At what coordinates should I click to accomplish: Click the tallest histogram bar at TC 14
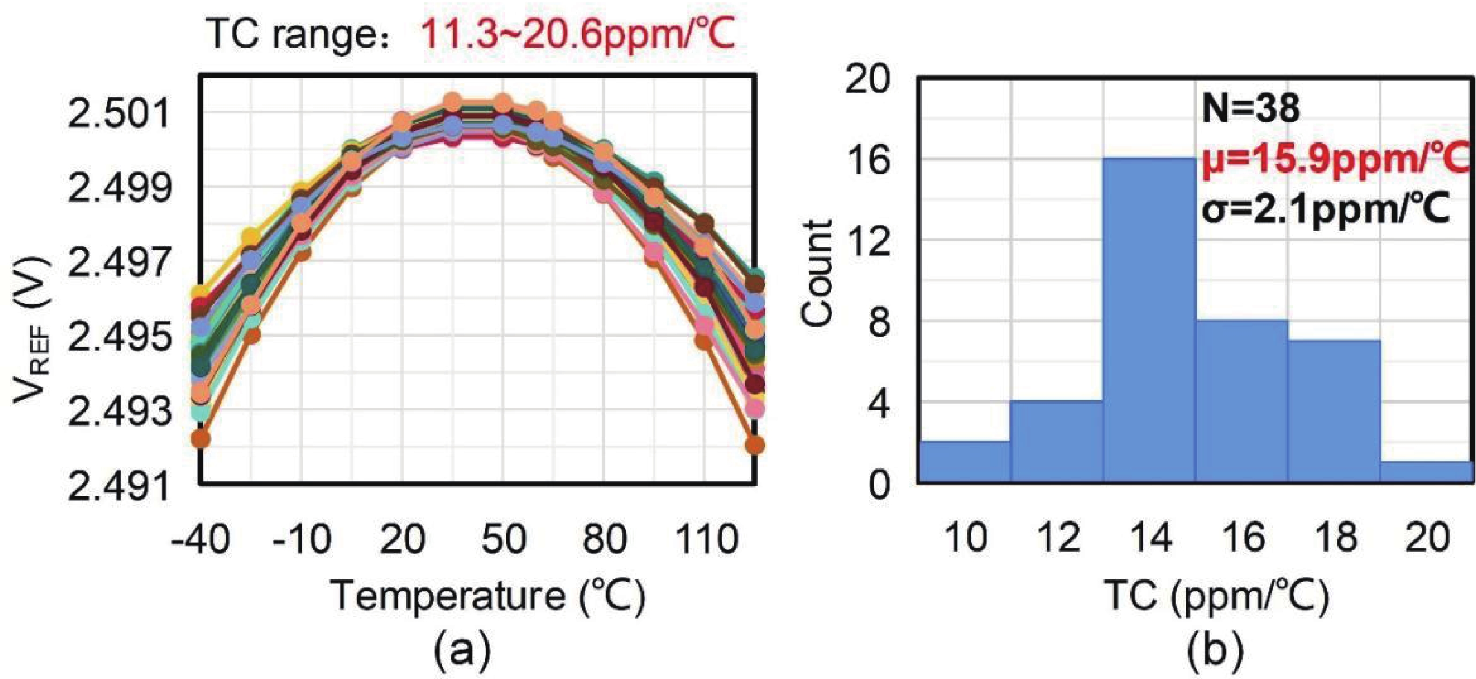1149,321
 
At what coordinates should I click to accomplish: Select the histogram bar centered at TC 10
964,462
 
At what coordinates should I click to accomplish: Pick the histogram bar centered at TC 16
1242,401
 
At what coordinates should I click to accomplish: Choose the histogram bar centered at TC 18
1334,411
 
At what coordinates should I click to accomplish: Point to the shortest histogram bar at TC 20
1427,472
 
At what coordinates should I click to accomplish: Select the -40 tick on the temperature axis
201,539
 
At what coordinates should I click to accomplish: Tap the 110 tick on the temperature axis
705,539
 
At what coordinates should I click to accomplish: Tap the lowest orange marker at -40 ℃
201,439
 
